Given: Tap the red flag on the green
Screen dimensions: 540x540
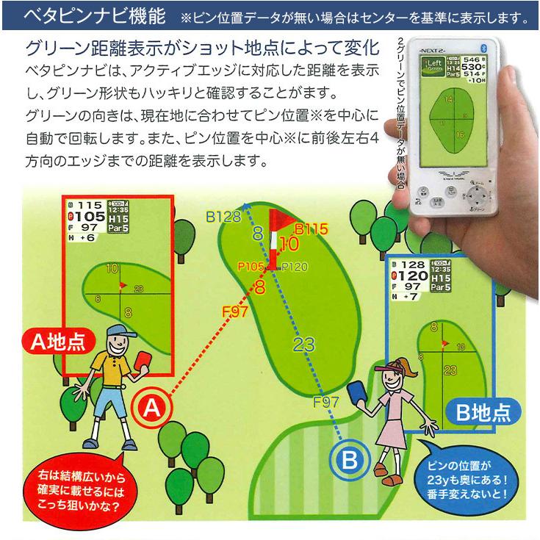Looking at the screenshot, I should click(283, 220).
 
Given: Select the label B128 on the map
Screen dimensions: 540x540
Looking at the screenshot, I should click(223, 217).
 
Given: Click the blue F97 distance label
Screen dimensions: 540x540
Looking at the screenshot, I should click(326, 401).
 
